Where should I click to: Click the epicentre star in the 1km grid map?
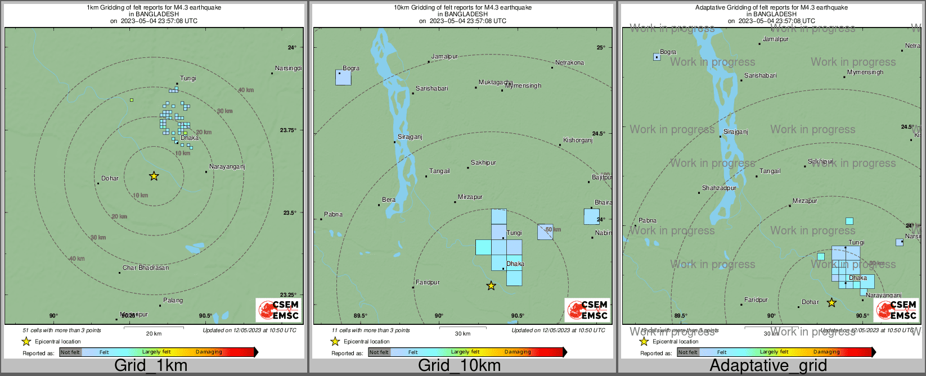click(154, 176)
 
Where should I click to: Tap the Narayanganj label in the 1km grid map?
click(227, 167)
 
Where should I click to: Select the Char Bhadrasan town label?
click(146, 268)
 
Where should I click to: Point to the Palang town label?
click(173, 300)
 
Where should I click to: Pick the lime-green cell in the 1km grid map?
click(132, 100)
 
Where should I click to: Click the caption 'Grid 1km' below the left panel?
click(151, 365)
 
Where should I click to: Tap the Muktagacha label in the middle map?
click(496, 83)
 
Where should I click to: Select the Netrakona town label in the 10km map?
click(569, 63)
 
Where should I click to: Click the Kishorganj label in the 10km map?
click(578, 141)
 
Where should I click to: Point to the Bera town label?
click(389, 200)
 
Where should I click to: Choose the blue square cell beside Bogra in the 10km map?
click(343, 78)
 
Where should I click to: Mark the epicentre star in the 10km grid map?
click(491, 286)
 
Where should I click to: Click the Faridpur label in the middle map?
click(428, 283)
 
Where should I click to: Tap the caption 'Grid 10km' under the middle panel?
click(459, 365)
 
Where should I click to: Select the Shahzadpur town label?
click(719, 188)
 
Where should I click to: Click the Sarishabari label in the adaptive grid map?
click(760, 76)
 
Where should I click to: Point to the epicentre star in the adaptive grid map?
click(831, 303)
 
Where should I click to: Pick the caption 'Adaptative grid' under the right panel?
click(768, 365)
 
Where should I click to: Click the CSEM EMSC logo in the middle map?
click(587, 310)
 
